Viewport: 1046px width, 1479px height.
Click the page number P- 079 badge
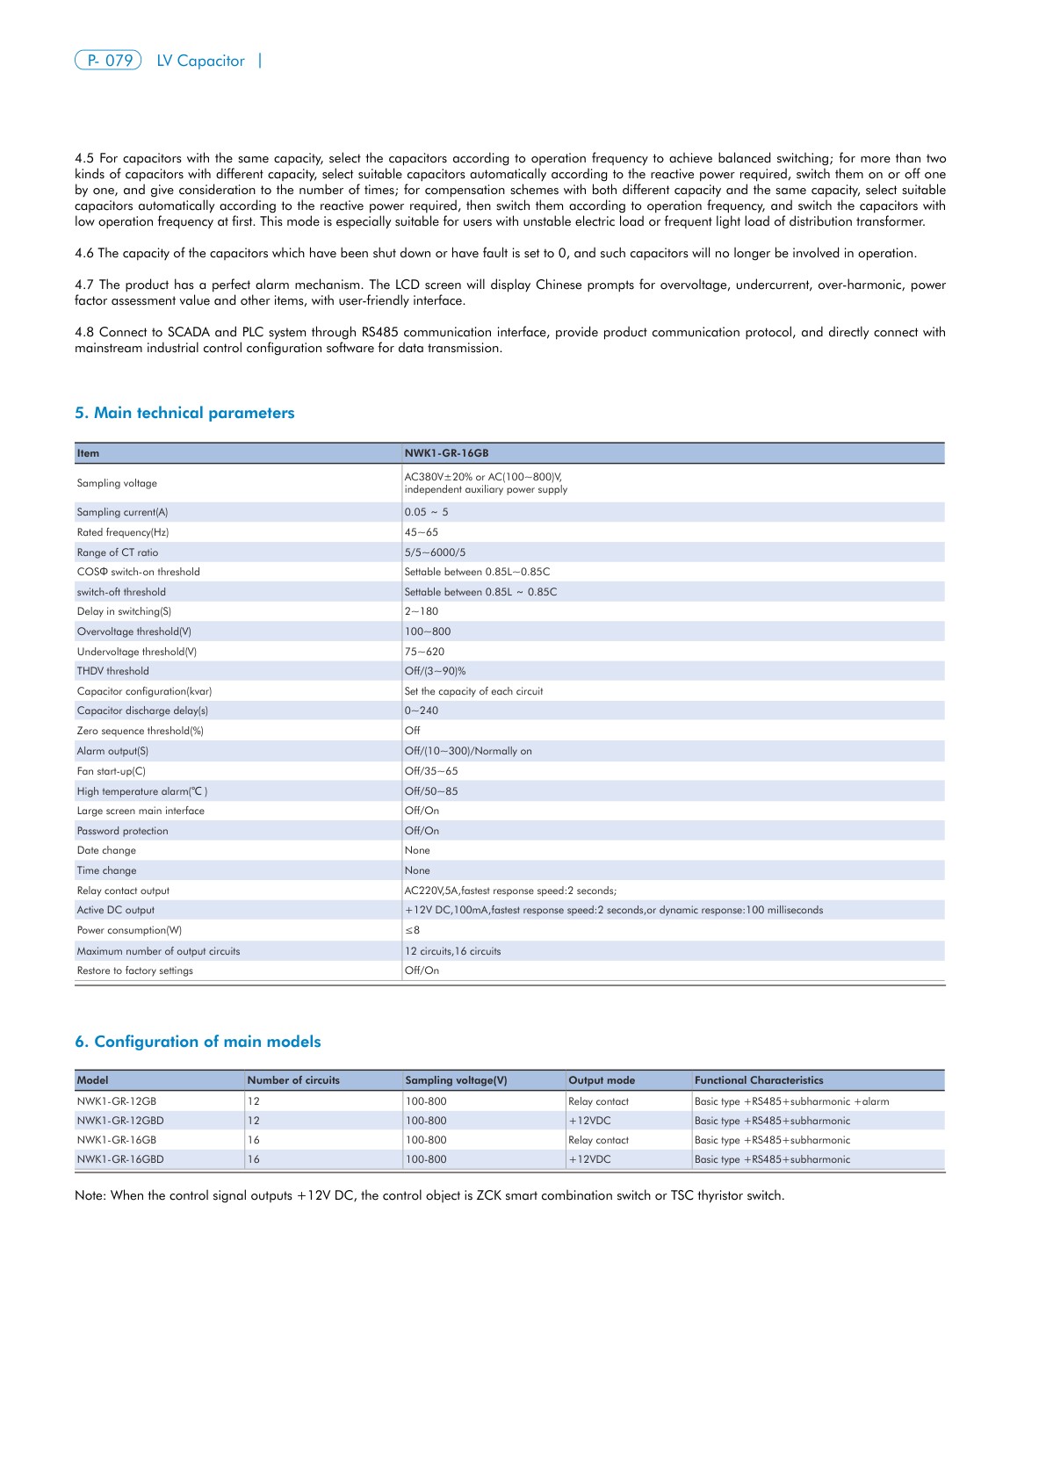pos(108,61)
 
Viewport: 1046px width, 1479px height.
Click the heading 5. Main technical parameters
pos(184,413)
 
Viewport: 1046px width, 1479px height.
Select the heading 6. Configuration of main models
pos(198,1042)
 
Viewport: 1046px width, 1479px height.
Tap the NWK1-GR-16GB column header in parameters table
pos(446,453)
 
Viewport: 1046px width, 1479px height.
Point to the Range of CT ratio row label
pos(118,552)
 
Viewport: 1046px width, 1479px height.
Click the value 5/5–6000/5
pos(435,552)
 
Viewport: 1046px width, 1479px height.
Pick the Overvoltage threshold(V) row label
pos(133,631)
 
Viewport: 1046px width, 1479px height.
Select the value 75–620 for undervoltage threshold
pos(424,652)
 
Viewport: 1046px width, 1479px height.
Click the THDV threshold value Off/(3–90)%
pos(435,671)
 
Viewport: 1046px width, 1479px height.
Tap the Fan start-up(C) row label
pos(111,771)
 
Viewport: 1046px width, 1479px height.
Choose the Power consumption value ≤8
pos(412,930)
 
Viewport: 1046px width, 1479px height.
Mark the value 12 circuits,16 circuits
pos(452,951)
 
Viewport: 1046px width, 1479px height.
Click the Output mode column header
pos(601,1080)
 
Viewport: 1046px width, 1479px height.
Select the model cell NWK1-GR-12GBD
pos(120,1121)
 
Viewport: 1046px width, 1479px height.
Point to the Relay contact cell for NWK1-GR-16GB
pos(598,1140)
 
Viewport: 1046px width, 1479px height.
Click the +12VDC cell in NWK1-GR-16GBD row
pos(589,1159)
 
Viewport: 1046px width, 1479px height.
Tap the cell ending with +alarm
pos(791,1101)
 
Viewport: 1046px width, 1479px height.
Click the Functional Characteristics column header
pos(759,1080)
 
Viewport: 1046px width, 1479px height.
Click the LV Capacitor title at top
pos(200,61)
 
